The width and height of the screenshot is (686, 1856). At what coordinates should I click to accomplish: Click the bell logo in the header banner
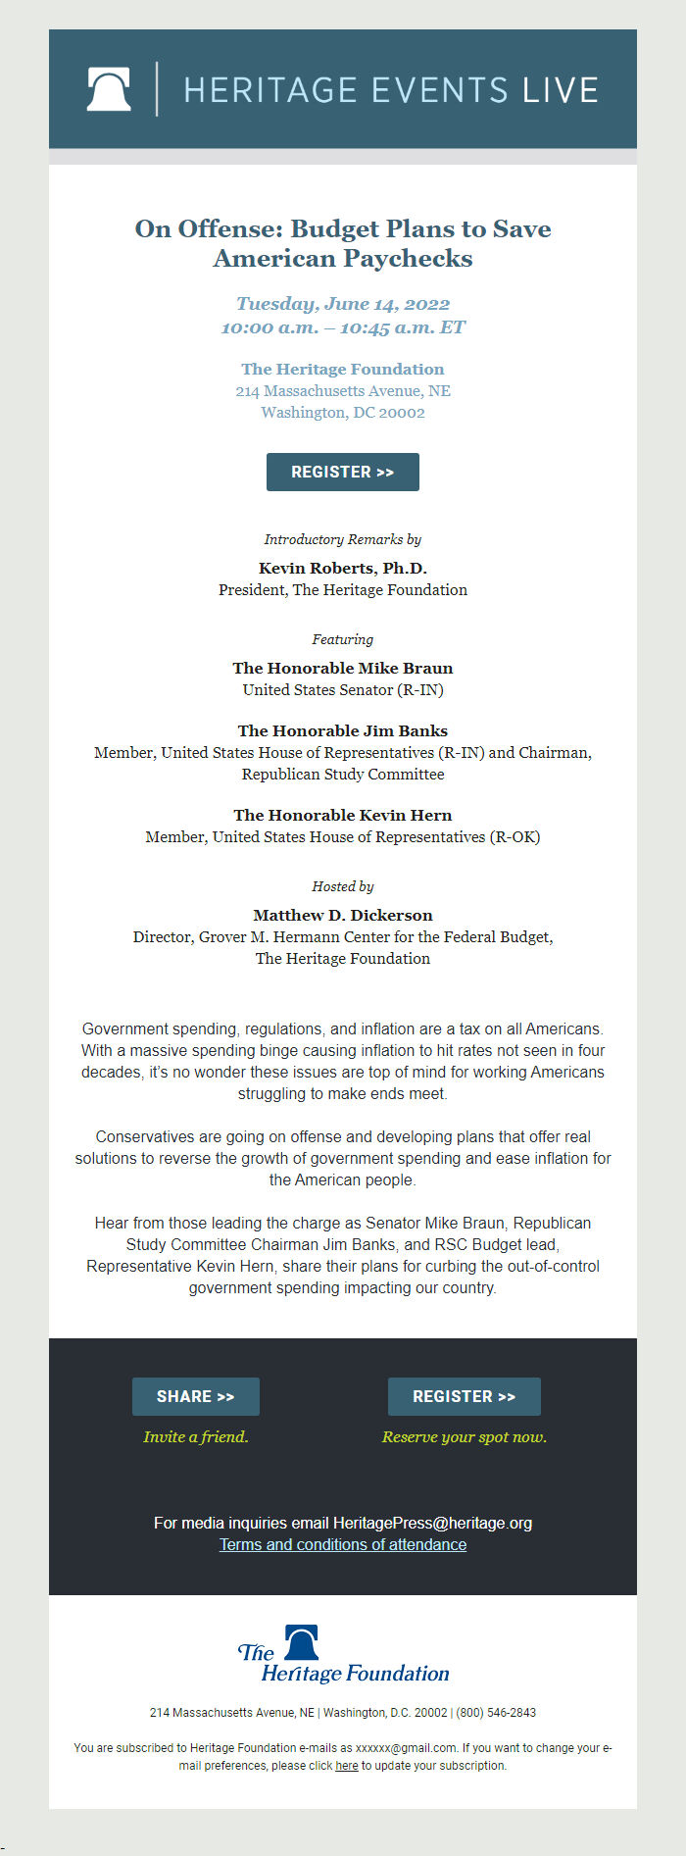109,89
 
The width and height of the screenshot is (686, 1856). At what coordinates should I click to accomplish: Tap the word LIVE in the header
560,90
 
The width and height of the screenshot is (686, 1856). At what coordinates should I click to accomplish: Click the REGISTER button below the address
343,472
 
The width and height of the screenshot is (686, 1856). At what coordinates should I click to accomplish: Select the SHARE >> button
196,1396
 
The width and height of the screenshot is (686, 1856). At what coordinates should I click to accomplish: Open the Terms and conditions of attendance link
343,1544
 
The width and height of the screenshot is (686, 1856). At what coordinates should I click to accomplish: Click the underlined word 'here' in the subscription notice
346,1766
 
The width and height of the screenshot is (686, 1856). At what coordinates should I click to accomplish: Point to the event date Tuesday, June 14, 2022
343,304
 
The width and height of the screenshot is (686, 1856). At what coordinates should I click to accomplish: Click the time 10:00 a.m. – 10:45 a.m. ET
343,327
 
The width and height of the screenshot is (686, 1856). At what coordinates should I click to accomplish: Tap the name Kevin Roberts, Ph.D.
343,568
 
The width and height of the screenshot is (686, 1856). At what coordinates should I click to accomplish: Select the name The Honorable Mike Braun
343,668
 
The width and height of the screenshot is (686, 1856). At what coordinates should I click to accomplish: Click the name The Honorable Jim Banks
343,730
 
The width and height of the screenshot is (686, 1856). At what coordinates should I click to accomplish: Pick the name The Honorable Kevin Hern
343,815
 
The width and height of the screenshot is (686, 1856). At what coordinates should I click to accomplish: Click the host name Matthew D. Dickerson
343,915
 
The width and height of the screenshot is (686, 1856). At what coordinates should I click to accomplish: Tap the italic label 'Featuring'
343,639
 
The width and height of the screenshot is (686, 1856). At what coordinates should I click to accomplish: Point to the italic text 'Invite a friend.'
196,1436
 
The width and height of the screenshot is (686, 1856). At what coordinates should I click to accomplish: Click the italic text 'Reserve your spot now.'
465,1436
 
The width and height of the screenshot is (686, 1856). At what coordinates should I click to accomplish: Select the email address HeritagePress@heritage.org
432,1523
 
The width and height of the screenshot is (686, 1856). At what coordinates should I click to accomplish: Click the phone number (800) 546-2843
496,1713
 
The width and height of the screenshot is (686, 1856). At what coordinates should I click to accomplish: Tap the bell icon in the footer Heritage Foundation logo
302,1641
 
